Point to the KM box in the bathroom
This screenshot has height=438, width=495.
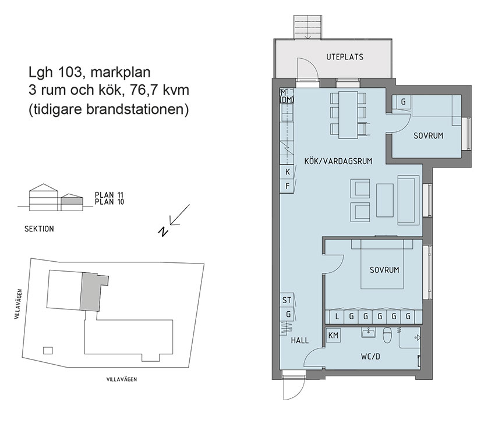pyautogui.click(x=334, y=336)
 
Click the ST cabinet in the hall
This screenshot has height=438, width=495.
pyautogui.click(x=287, y=300)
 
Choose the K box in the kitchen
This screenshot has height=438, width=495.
pyautogui.click(x=288, y=172)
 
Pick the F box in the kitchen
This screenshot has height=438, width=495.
pyautogui.click(x=288, y=186)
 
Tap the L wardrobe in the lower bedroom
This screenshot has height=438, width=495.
pyautogui.click(x=337, y=316)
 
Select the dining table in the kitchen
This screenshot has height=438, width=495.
pyautogui.click(x=348, y=115)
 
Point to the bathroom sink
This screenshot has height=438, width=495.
pyautogui.click(x=368, y=333)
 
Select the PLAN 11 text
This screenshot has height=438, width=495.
pyautogui.click(x=109, y=195)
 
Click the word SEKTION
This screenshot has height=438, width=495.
pyautogui.click(x=40, y=229)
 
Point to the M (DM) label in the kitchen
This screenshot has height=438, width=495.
pyautogui.click(x=286, y=97)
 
